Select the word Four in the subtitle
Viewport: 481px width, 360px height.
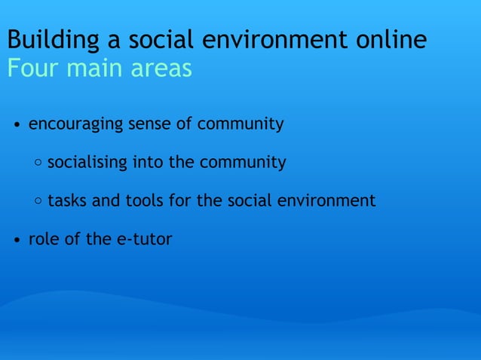(x=30, y=69)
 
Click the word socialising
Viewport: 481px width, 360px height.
(x=87, y=162)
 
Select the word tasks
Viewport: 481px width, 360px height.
(x=66, y=201)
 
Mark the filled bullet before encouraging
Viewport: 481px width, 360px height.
(x=17, y=125)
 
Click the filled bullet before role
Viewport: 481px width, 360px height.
(x=17, y=241)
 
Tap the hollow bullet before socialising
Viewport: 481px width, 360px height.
(x=38, y=163)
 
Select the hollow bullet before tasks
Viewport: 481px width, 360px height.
(x=38, y=202)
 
